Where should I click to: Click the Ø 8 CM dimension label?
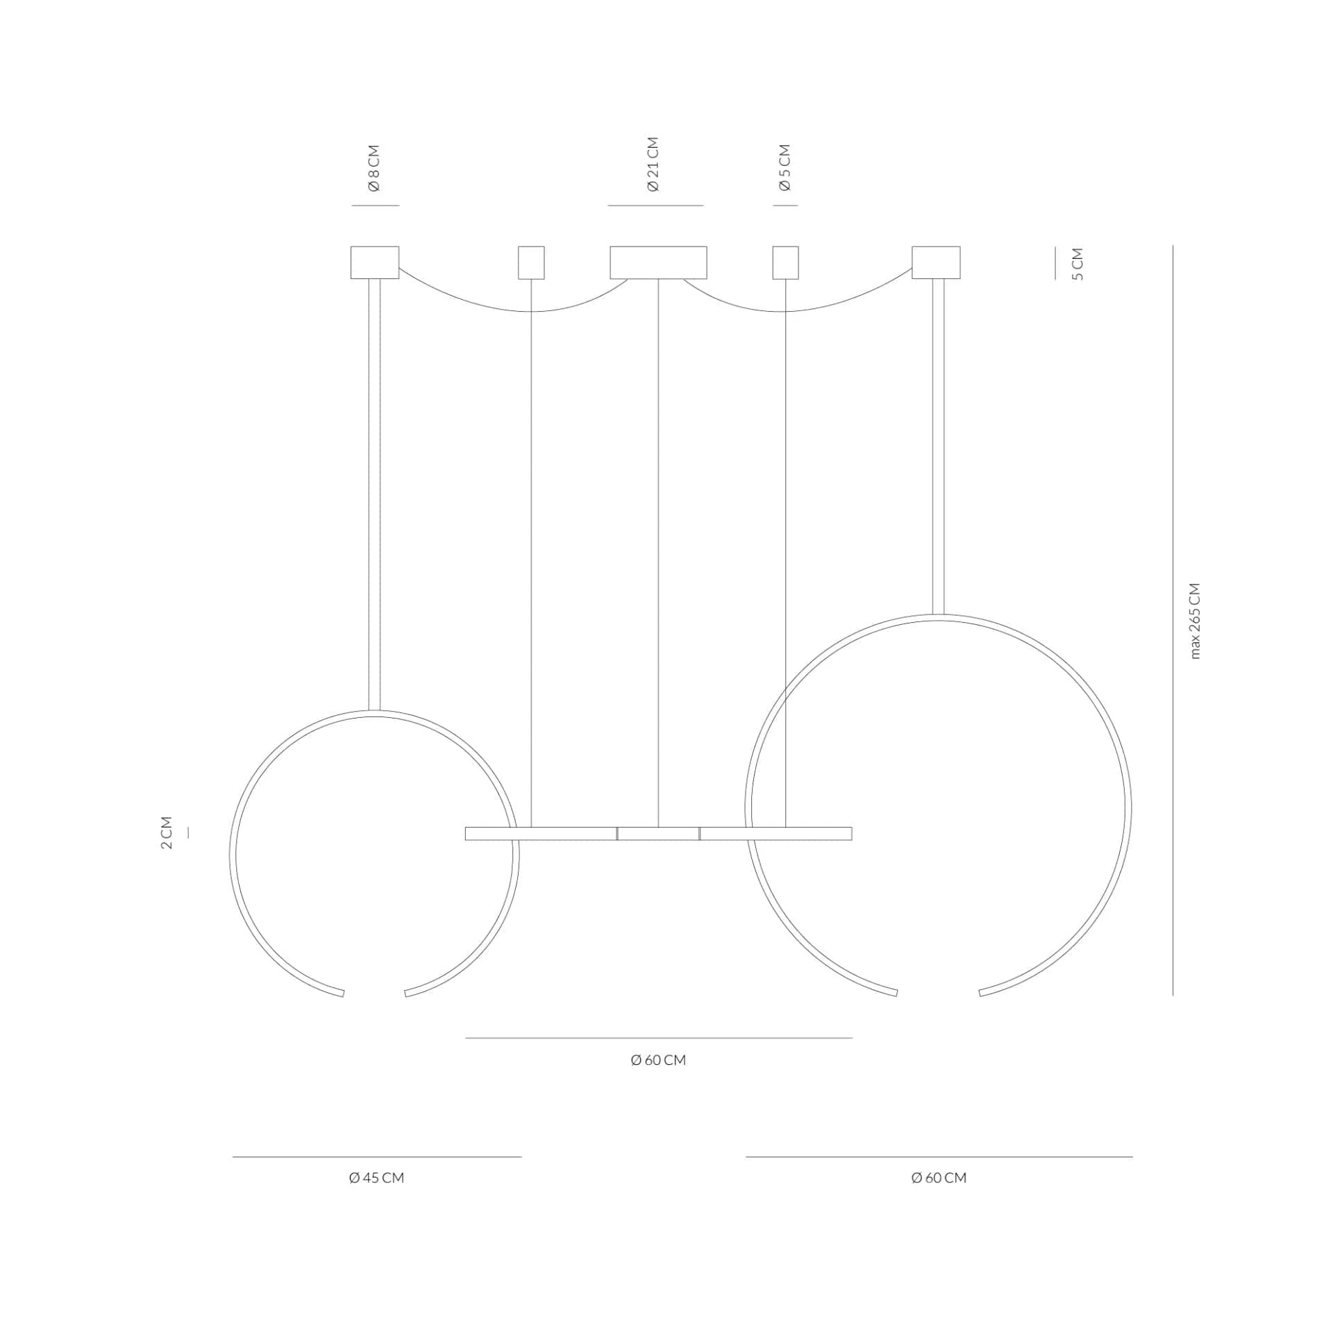374,168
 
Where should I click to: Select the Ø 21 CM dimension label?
653,164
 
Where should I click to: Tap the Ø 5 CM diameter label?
785,167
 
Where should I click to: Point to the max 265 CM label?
1194,621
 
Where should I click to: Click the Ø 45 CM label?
376,1177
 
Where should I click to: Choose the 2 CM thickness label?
167,832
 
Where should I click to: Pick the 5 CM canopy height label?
1078,264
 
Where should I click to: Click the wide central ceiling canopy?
658,262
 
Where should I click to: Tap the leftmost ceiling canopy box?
375,262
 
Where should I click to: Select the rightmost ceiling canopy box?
936,262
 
